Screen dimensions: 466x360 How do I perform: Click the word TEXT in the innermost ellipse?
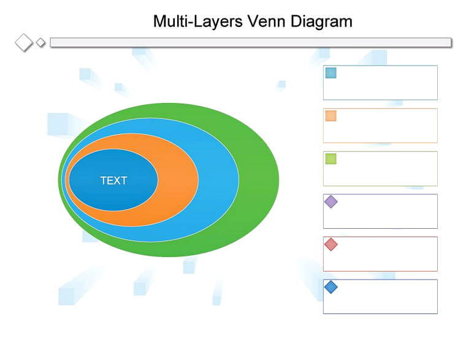[x=113, y=180]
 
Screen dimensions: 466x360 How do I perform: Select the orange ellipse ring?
[x=178, y=180]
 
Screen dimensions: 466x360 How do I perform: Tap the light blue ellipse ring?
[x=220, y=180]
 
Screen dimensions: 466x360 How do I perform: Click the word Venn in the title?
[x=266, y=21]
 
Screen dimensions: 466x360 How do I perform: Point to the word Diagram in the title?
[x=321, y=21]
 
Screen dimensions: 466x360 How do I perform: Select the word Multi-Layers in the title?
[x=198, y=21]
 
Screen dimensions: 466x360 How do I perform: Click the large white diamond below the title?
[x=24, y=42]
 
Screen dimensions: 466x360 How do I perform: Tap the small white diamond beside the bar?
[x=40, y=43]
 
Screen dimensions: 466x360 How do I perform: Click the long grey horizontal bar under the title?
[x=251, y=42]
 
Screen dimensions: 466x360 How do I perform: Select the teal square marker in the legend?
[x=330, y=73]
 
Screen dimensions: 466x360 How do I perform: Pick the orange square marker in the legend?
[x=330, y=116]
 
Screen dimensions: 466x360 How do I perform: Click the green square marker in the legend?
[x=330, y=159]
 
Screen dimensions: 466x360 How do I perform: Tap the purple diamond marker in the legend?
[x=330, y=202]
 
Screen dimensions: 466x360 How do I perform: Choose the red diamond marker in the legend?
[x=330, y=244]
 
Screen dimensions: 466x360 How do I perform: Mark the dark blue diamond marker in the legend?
[x=330, y=287]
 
